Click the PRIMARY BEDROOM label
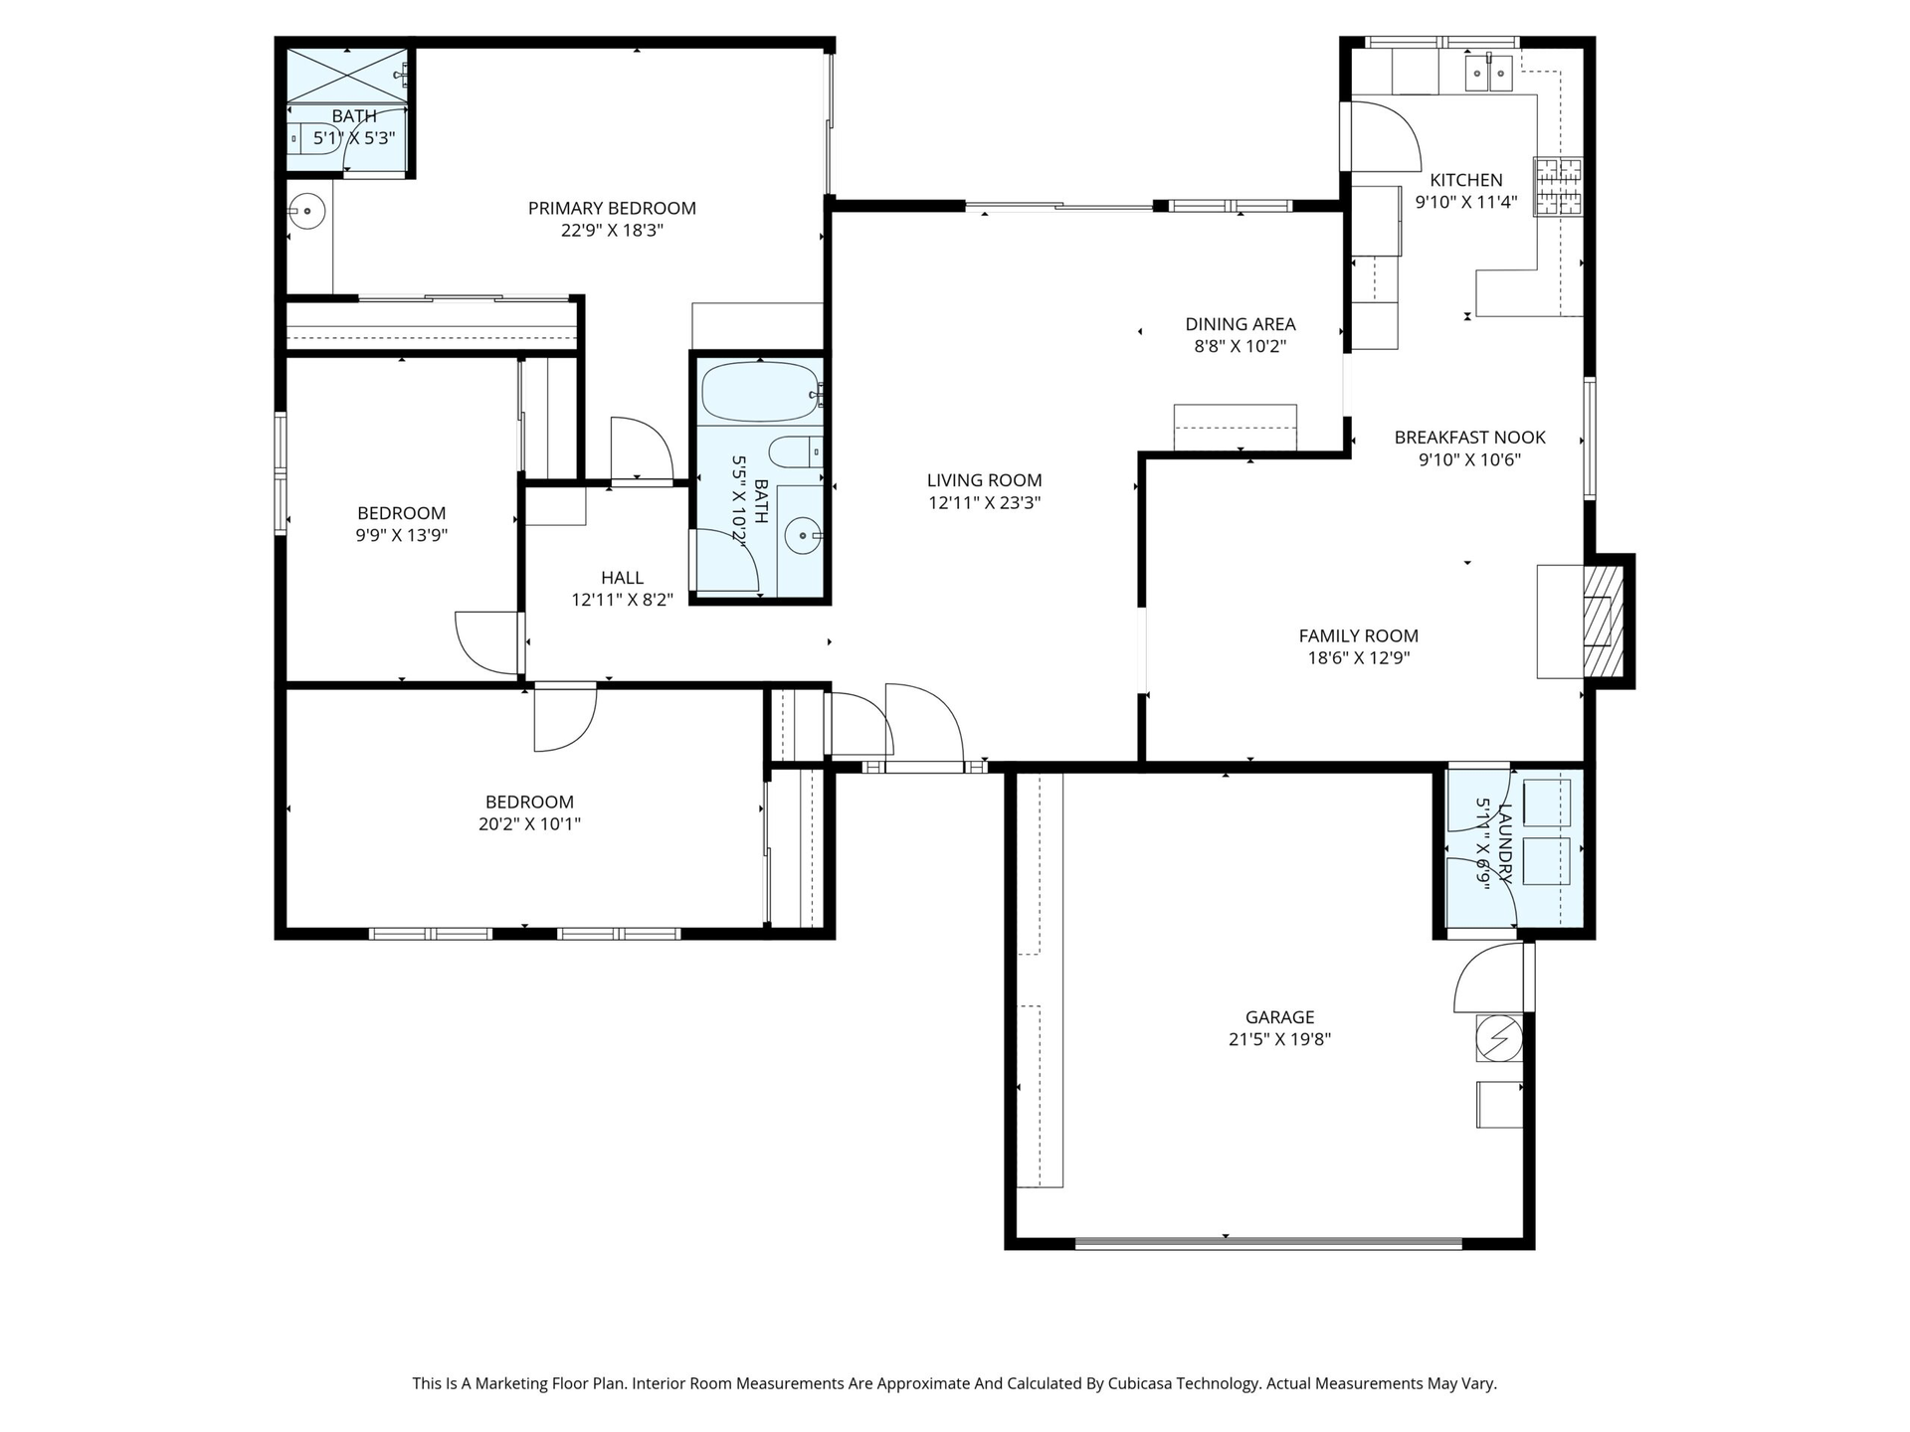pyautogui.click(x=612, y=208)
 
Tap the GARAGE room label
pyautogui.click(x=1279, y=1017)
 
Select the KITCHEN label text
pyautogui.click(x=1466, y=180)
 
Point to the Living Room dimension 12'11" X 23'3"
pyautogui.click(x=984, y=502)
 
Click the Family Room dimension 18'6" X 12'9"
pyautogui.click(x=1358, y=657)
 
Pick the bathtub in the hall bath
pyautogui.click(x=761, y=392)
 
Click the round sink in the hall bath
pyautogui.click(x=801, y=537)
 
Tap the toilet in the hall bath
pyautogui.click(x=795, y=452)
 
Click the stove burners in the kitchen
pyautogui.click(x=1558, y=187)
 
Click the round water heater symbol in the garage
pyautogui.click(x=1498, y=1038)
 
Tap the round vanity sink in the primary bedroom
pyautogui.click(x=307, y=211)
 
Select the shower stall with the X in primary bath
pyautogui.click(x=347, y=75)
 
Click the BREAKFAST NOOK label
pyautogui.click(x=1469, y=438)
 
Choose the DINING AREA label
pyautogui.click(x=1240, y=324)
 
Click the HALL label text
pyautogui.click(x=622, y=578)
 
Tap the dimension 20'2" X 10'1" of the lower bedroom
pyautogui.click(x=529, y=823)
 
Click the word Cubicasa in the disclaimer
pyautogui.click(x=1148, y=1383)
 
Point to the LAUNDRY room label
pyautogui.click(x=1505, y=843)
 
